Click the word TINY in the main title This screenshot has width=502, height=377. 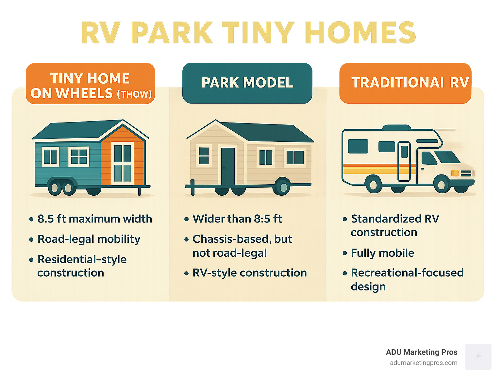tap(258, 32)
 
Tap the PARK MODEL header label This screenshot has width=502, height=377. tap(247, 83)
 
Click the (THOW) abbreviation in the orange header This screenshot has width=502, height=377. tap(134, 94)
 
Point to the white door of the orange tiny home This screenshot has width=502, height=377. tap(122, 163)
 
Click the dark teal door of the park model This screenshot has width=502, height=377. tap(228, 166)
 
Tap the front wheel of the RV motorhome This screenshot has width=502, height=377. tap(442, 184)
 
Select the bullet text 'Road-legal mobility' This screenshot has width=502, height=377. tap(89, 239)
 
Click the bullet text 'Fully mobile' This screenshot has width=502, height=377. tap(382, 253)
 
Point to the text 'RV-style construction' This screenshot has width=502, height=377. tap(249, 273)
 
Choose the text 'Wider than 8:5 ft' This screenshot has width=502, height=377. tap(237, 219)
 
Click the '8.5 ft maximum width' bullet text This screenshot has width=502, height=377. tap(95, 219)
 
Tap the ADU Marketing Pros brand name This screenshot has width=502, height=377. tap(422, 352)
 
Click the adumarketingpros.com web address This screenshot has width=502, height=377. tap(424, 363)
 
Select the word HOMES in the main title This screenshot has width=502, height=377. tap(360, 32)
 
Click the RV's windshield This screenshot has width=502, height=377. tap(447, 157)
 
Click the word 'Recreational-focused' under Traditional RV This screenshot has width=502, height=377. tap(407, 273)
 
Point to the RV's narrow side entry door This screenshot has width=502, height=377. tap(404, 161)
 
